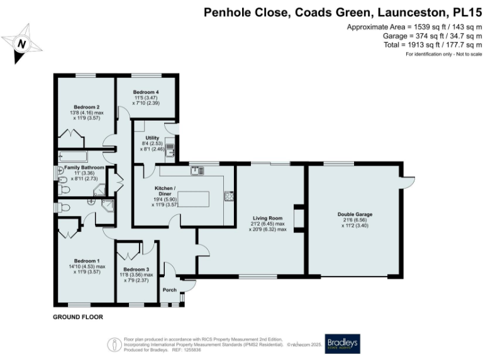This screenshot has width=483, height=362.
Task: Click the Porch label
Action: click(170, 290)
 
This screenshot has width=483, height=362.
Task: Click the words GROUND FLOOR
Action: click(77, 317)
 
